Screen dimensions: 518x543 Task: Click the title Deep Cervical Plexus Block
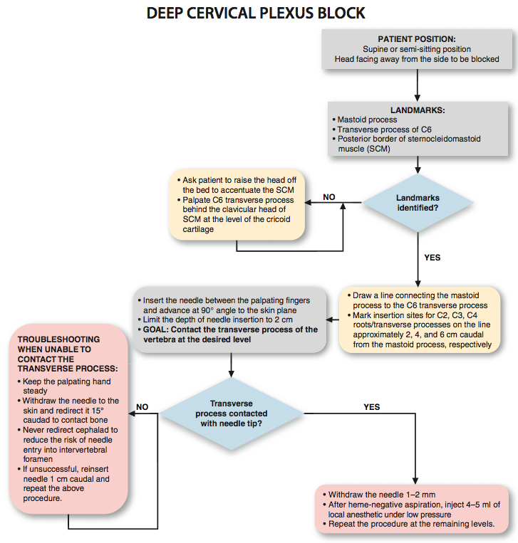[256, 13]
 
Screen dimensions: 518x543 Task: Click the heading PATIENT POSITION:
[417, 39]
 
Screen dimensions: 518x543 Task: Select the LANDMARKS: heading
[418, 110]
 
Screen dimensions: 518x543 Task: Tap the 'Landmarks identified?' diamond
[418, 203]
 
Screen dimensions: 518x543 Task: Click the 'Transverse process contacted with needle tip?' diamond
[232, 413]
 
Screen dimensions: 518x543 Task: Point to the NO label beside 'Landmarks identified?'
[329, 197]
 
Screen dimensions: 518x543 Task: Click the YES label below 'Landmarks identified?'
[432, 258]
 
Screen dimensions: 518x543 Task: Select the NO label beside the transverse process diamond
[143, 407]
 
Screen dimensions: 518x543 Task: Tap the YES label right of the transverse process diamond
[372, 407]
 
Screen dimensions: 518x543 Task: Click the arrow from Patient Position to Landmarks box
[418, 85]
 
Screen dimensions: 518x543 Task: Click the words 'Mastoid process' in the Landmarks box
[367, 120]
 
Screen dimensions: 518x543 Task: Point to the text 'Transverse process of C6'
[385, 130]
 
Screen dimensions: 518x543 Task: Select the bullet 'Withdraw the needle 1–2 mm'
[379, 495]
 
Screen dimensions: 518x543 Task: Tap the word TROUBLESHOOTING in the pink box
[58, 339]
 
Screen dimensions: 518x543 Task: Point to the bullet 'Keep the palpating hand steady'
[64, 386]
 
